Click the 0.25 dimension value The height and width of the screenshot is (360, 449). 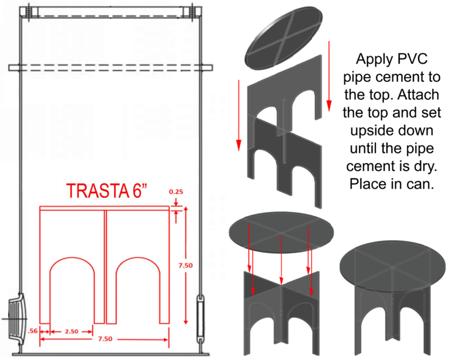pos(175,191)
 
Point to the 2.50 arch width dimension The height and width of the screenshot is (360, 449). pos(72,332)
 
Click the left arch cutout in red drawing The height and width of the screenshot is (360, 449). pos(72,292)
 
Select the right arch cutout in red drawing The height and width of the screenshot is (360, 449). pos(139,292)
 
